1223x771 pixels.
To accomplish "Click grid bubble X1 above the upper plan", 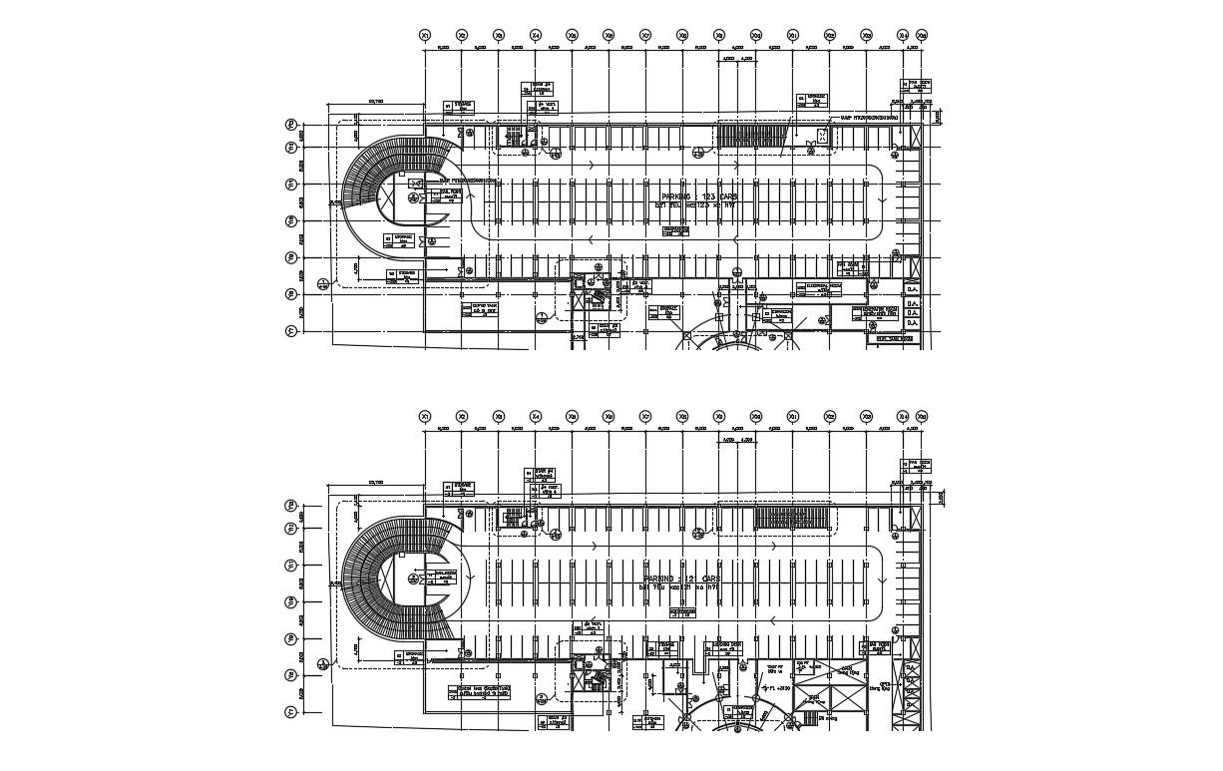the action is [425, 36].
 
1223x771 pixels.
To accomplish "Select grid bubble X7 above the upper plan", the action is [645, 36].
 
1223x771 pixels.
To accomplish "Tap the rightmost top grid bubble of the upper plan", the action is [922, 36].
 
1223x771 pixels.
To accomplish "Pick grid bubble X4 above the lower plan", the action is [536, 416].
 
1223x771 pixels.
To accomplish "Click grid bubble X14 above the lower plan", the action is [904, 416].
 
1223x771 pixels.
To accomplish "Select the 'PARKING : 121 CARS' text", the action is [682, 578].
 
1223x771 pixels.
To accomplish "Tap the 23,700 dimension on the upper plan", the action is [376, 102].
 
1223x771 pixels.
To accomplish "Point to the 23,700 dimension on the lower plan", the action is [376, 483].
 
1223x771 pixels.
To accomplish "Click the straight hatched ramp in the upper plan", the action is [751, 135].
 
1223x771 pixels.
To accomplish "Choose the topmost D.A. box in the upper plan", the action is [912, 289].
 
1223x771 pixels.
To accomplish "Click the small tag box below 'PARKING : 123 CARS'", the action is [676, 231].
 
